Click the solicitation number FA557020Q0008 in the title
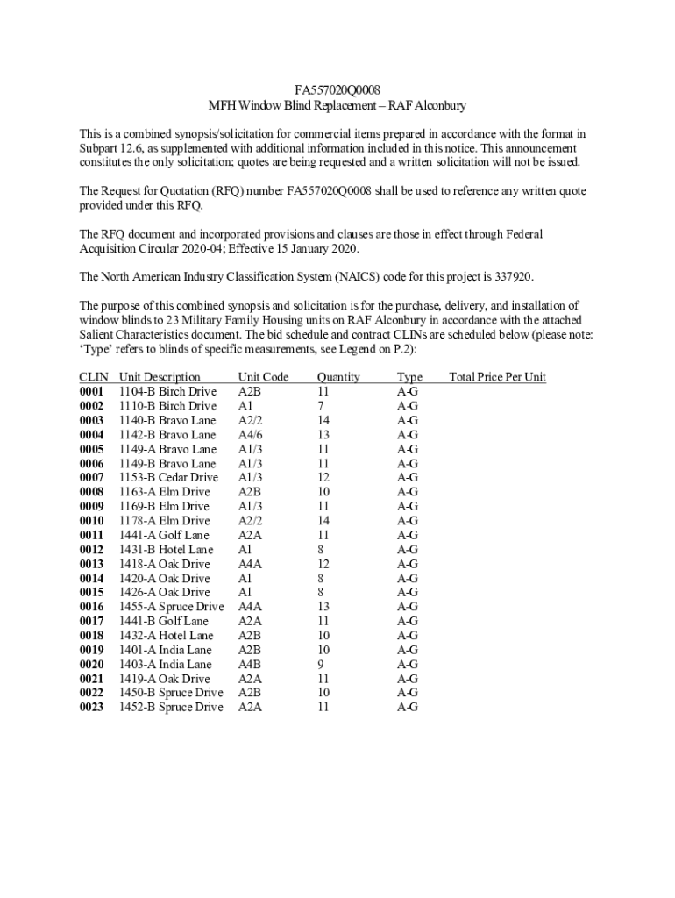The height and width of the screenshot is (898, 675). pyautogui.click(x=337, y=89)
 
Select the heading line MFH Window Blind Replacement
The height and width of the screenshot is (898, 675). pyautogui.click(x=337, y=105)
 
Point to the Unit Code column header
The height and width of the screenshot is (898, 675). pyautogui.click(x=263, y=377)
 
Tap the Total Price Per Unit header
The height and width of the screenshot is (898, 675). pyautogui.click(x=497, y=377)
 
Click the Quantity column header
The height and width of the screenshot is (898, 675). pyautogui.click(x=338, y=377)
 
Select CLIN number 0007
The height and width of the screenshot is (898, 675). pyautogui.click(x=91, y=477)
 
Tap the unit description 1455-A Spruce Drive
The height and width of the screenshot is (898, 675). pyautogui.click(x=171, y=607)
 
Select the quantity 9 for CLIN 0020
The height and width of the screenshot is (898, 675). pyautogui.click(x=321, y=664)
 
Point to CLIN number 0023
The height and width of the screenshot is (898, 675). pyautogui.click(x=91, y=707)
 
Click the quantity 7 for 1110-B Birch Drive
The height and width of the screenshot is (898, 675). pyautogui.click(x=321, y=406)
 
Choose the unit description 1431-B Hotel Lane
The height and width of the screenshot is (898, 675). pyautogui.click(x=166, y=550)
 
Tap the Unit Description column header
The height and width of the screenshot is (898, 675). pyautogui.click(x=160, y=377)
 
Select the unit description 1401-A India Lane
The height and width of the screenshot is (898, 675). pyautogui.click(x=165, y=650)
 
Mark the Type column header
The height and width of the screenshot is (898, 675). pyautogui.click(x=409, y=377)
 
